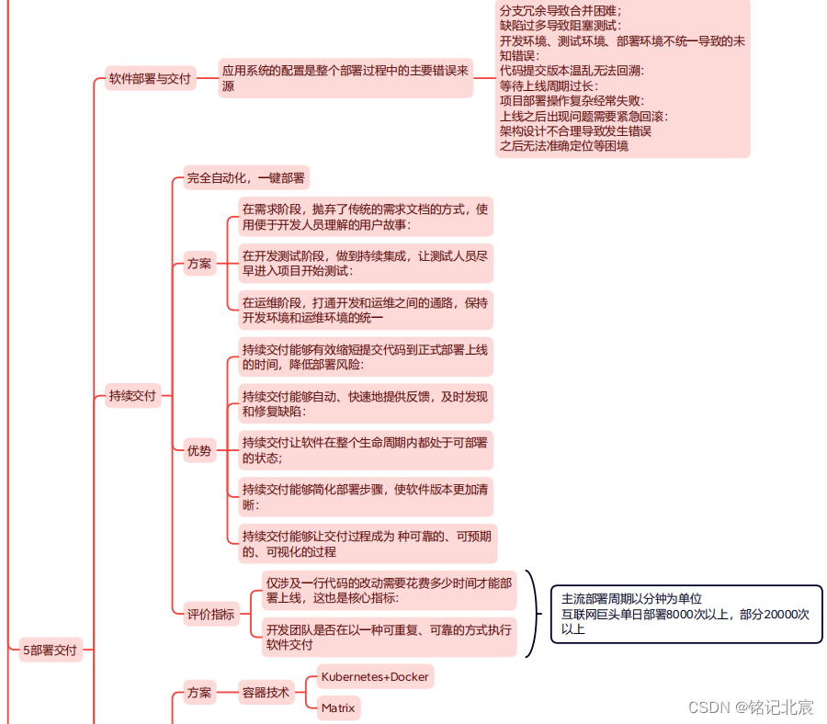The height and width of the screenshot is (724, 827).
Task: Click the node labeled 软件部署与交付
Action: (149, 79)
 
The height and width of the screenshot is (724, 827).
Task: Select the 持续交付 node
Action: (132, 397)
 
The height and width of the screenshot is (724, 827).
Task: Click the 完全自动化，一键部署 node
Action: (246, 178)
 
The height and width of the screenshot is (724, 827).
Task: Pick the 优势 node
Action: (198, 450)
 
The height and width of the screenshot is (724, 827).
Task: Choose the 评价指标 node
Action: (210, 615)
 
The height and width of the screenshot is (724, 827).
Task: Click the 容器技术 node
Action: (266, 692)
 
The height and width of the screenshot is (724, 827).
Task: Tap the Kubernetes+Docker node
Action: (374, 677)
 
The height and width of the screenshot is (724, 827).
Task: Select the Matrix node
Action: (338, 707)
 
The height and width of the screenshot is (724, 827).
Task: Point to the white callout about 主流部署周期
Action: (685, 614)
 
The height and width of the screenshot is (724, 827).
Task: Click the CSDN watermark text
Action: (750, 707)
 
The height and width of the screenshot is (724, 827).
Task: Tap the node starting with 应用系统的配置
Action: (346, 78)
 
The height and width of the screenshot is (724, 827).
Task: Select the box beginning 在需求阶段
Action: (365, 217)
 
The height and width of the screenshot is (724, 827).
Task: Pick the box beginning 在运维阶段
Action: (365, 311)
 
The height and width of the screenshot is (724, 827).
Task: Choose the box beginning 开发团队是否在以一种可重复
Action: (388, 637)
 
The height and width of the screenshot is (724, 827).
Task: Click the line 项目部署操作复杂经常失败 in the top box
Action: (572, 101)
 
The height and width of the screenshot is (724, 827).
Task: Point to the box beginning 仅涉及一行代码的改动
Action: (388, 590)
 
